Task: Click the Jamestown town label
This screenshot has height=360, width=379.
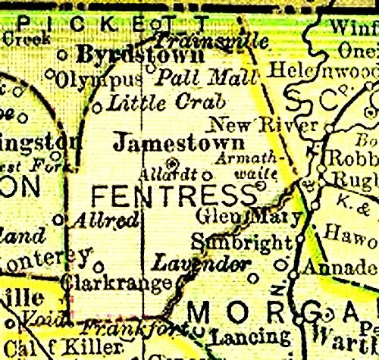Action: (x=178, y=142)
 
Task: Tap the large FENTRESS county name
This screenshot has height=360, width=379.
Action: (x=174, y=196)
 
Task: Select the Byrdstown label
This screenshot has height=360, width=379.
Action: (x=140, y=55)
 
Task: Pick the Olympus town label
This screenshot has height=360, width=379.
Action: (x=99, y=79)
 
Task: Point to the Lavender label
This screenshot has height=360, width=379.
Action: (x=201, y=264)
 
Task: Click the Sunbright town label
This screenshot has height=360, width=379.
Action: (x=241, y=243)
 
